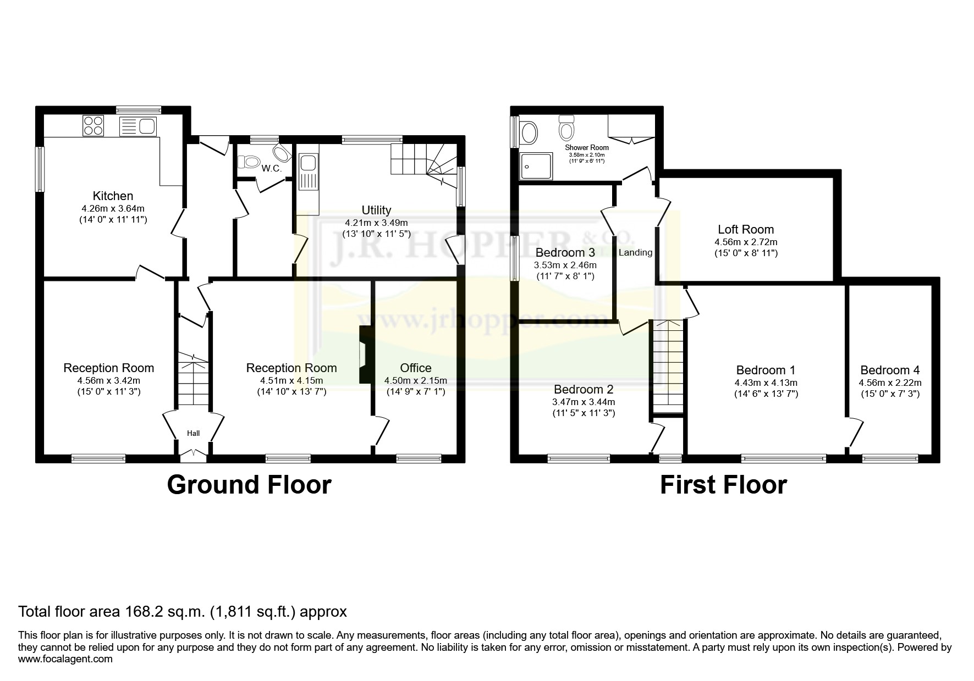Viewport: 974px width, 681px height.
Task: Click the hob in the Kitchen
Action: [92, 126]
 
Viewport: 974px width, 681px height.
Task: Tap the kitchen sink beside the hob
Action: [137, 126]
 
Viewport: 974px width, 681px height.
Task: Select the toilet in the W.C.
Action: [249, 162]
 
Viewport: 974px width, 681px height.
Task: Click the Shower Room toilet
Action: [566, 128]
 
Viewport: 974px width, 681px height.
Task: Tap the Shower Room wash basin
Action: [529, 132]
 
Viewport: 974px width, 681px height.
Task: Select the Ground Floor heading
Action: [249, 485]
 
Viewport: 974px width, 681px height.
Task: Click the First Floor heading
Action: [723, 485]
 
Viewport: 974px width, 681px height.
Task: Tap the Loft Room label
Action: [746, 229]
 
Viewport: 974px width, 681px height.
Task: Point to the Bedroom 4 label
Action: [890, 370]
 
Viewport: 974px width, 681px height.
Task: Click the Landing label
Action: [635, 252]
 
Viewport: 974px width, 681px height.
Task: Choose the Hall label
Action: [193, 433]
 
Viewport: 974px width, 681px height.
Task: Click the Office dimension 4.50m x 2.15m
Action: [415, 380]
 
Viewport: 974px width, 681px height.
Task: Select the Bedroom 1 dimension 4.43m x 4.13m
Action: [766, 383]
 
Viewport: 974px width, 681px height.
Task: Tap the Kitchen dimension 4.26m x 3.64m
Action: [113, 208]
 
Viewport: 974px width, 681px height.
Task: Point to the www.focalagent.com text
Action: [65, 659]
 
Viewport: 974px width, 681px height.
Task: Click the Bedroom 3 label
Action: [565, 253]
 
